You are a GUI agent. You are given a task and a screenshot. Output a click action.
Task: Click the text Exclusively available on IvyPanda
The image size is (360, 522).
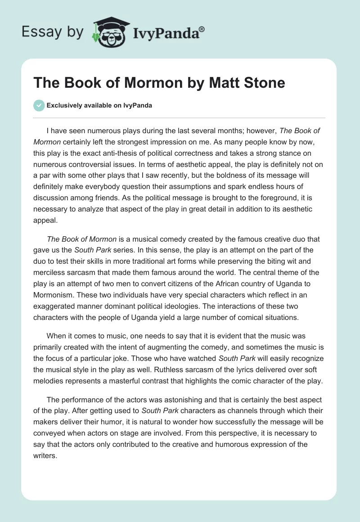coord(99,106)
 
